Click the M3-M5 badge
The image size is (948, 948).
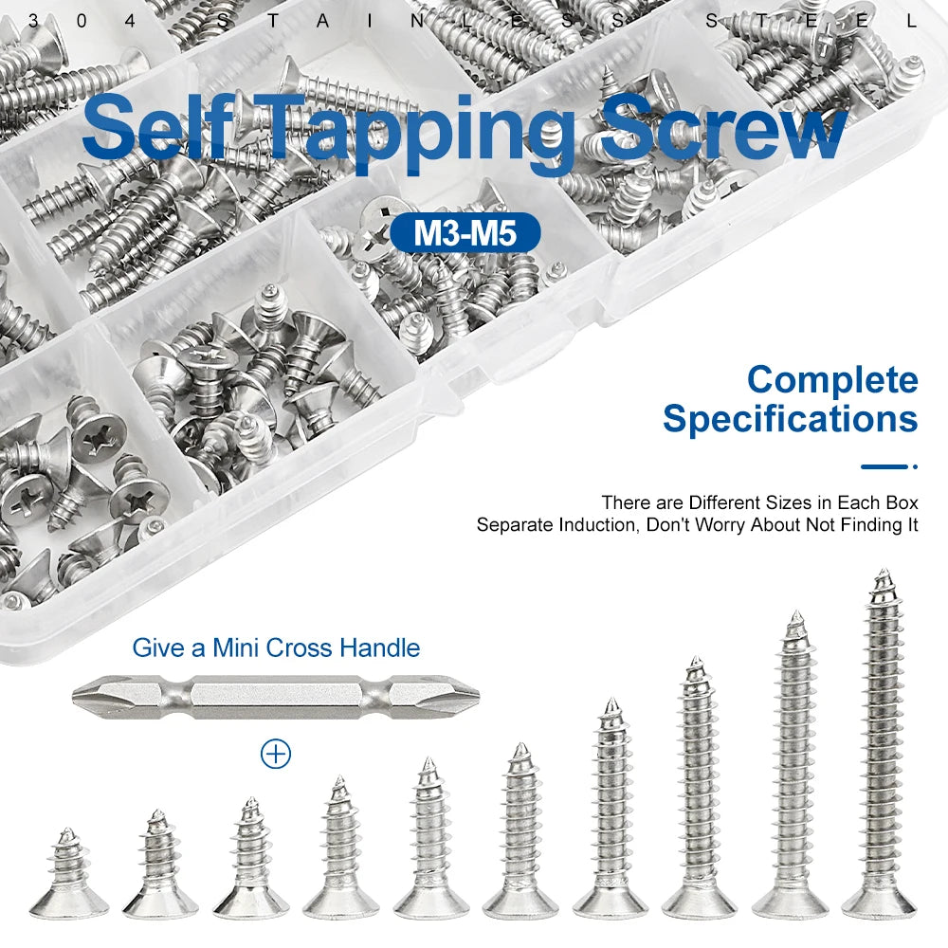click(x=465, y=232)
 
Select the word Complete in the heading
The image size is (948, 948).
click(x=831, y=380)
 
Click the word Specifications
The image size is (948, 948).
click(x=790, y=418)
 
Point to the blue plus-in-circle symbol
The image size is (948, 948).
click(x=276, y=754)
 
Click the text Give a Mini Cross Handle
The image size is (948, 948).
click(x=276, y=648)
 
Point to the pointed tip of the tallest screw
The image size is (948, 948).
click(x=884, y=574)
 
